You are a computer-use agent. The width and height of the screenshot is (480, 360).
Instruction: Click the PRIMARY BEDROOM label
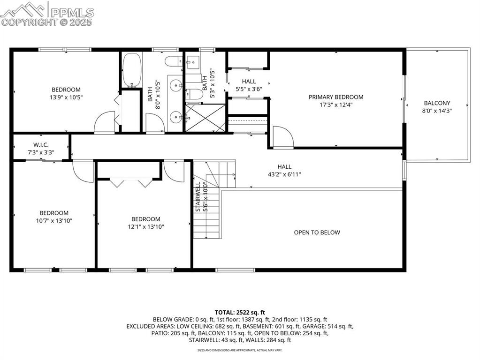335,97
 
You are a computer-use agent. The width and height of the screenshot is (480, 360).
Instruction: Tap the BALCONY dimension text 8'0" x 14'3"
437,111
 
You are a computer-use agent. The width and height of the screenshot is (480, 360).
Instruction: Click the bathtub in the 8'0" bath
131,70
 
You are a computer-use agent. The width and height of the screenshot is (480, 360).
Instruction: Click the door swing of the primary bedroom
282,137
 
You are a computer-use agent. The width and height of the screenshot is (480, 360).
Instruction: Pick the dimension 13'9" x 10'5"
66,97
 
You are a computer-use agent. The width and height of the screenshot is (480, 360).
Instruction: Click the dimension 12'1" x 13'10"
145,226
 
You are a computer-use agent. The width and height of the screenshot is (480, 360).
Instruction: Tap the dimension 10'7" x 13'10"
53,220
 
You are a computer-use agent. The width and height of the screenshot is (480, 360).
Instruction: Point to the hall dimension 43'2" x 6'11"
284,174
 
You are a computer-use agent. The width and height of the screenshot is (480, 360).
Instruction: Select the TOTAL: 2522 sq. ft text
240,312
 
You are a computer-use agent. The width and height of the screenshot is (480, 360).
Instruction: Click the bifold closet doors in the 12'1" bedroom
130,182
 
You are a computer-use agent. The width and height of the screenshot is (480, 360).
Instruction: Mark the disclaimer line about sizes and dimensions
240,350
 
